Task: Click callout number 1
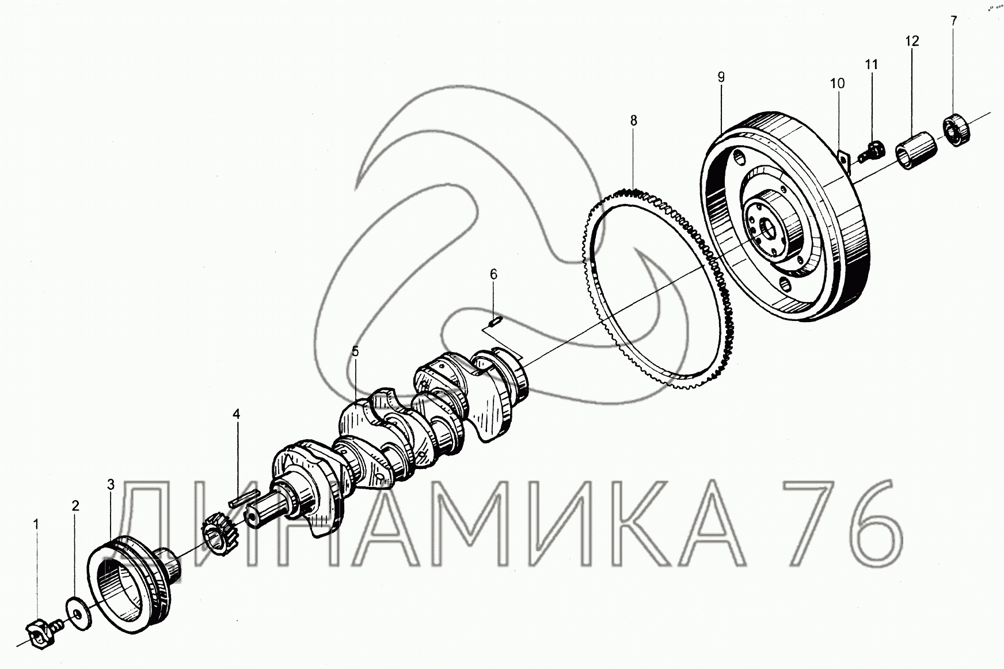36,524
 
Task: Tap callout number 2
75,506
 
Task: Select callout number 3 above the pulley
111,484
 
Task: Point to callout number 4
236,414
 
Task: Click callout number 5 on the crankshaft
355,351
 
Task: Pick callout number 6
493,274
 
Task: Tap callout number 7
953,21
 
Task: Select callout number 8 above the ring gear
633,120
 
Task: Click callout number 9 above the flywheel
721,77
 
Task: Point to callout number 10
837,84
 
